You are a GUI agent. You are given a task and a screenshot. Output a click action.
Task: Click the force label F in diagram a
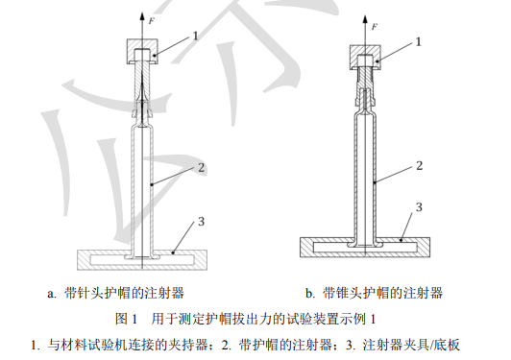pyautogui.click(x=152, y=21)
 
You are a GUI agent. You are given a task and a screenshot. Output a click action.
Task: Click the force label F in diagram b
pyautogui.click(x=375, y=27)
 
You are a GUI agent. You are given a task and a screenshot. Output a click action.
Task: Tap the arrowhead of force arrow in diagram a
pyautogui.click(x=142, y=16)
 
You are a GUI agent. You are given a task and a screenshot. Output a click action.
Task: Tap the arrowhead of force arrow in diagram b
pyautogui.click(x=365, y=20)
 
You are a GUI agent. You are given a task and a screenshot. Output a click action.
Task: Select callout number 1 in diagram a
pyautogui.click(x=195, y=36)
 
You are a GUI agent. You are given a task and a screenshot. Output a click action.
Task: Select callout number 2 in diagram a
pyautogui.click(x=201, y=167)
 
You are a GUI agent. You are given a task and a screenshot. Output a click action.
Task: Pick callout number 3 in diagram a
pyautogui.click(x=201, y=222)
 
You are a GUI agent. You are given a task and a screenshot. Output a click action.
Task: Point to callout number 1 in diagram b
pyautogui.click(x=419, y=41)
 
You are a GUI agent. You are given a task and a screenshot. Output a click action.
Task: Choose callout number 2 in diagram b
pyautogui.click(x=419, y=165)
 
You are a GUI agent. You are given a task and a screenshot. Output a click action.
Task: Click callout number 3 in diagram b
pyautogui.click(x=419, y=206)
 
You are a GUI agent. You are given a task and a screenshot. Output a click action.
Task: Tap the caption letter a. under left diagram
pyautogui.click(x=52, y=294)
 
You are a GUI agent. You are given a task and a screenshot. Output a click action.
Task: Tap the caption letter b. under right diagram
pyautogui.click(x=310, y=293)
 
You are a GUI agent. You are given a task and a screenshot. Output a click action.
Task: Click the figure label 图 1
pyautogui.click(x=127, y=319)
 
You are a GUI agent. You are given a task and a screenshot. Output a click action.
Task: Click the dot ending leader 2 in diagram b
pyautogui.click(x=375, y=182)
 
